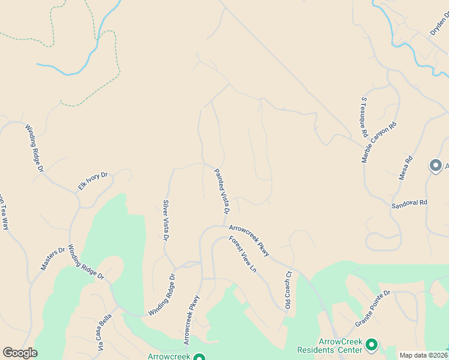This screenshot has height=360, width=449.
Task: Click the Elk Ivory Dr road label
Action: (x=92, y=181)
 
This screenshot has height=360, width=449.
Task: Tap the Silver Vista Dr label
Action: (x=166, y=220)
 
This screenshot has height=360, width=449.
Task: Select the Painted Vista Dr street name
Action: (x=222, y=191)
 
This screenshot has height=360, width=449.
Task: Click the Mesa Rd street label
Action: (x=407, y=168)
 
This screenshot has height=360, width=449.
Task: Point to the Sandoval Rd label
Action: (x=409, y=203)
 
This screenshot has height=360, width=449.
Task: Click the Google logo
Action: (x=20, y=353)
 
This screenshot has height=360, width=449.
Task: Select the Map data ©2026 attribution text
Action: (x=423, y=355)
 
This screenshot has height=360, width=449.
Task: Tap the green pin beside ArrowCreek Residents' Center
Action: (x=372, y=344)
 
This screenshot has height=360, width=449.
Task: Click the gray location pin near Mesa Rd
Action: (x=435, y=165)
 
